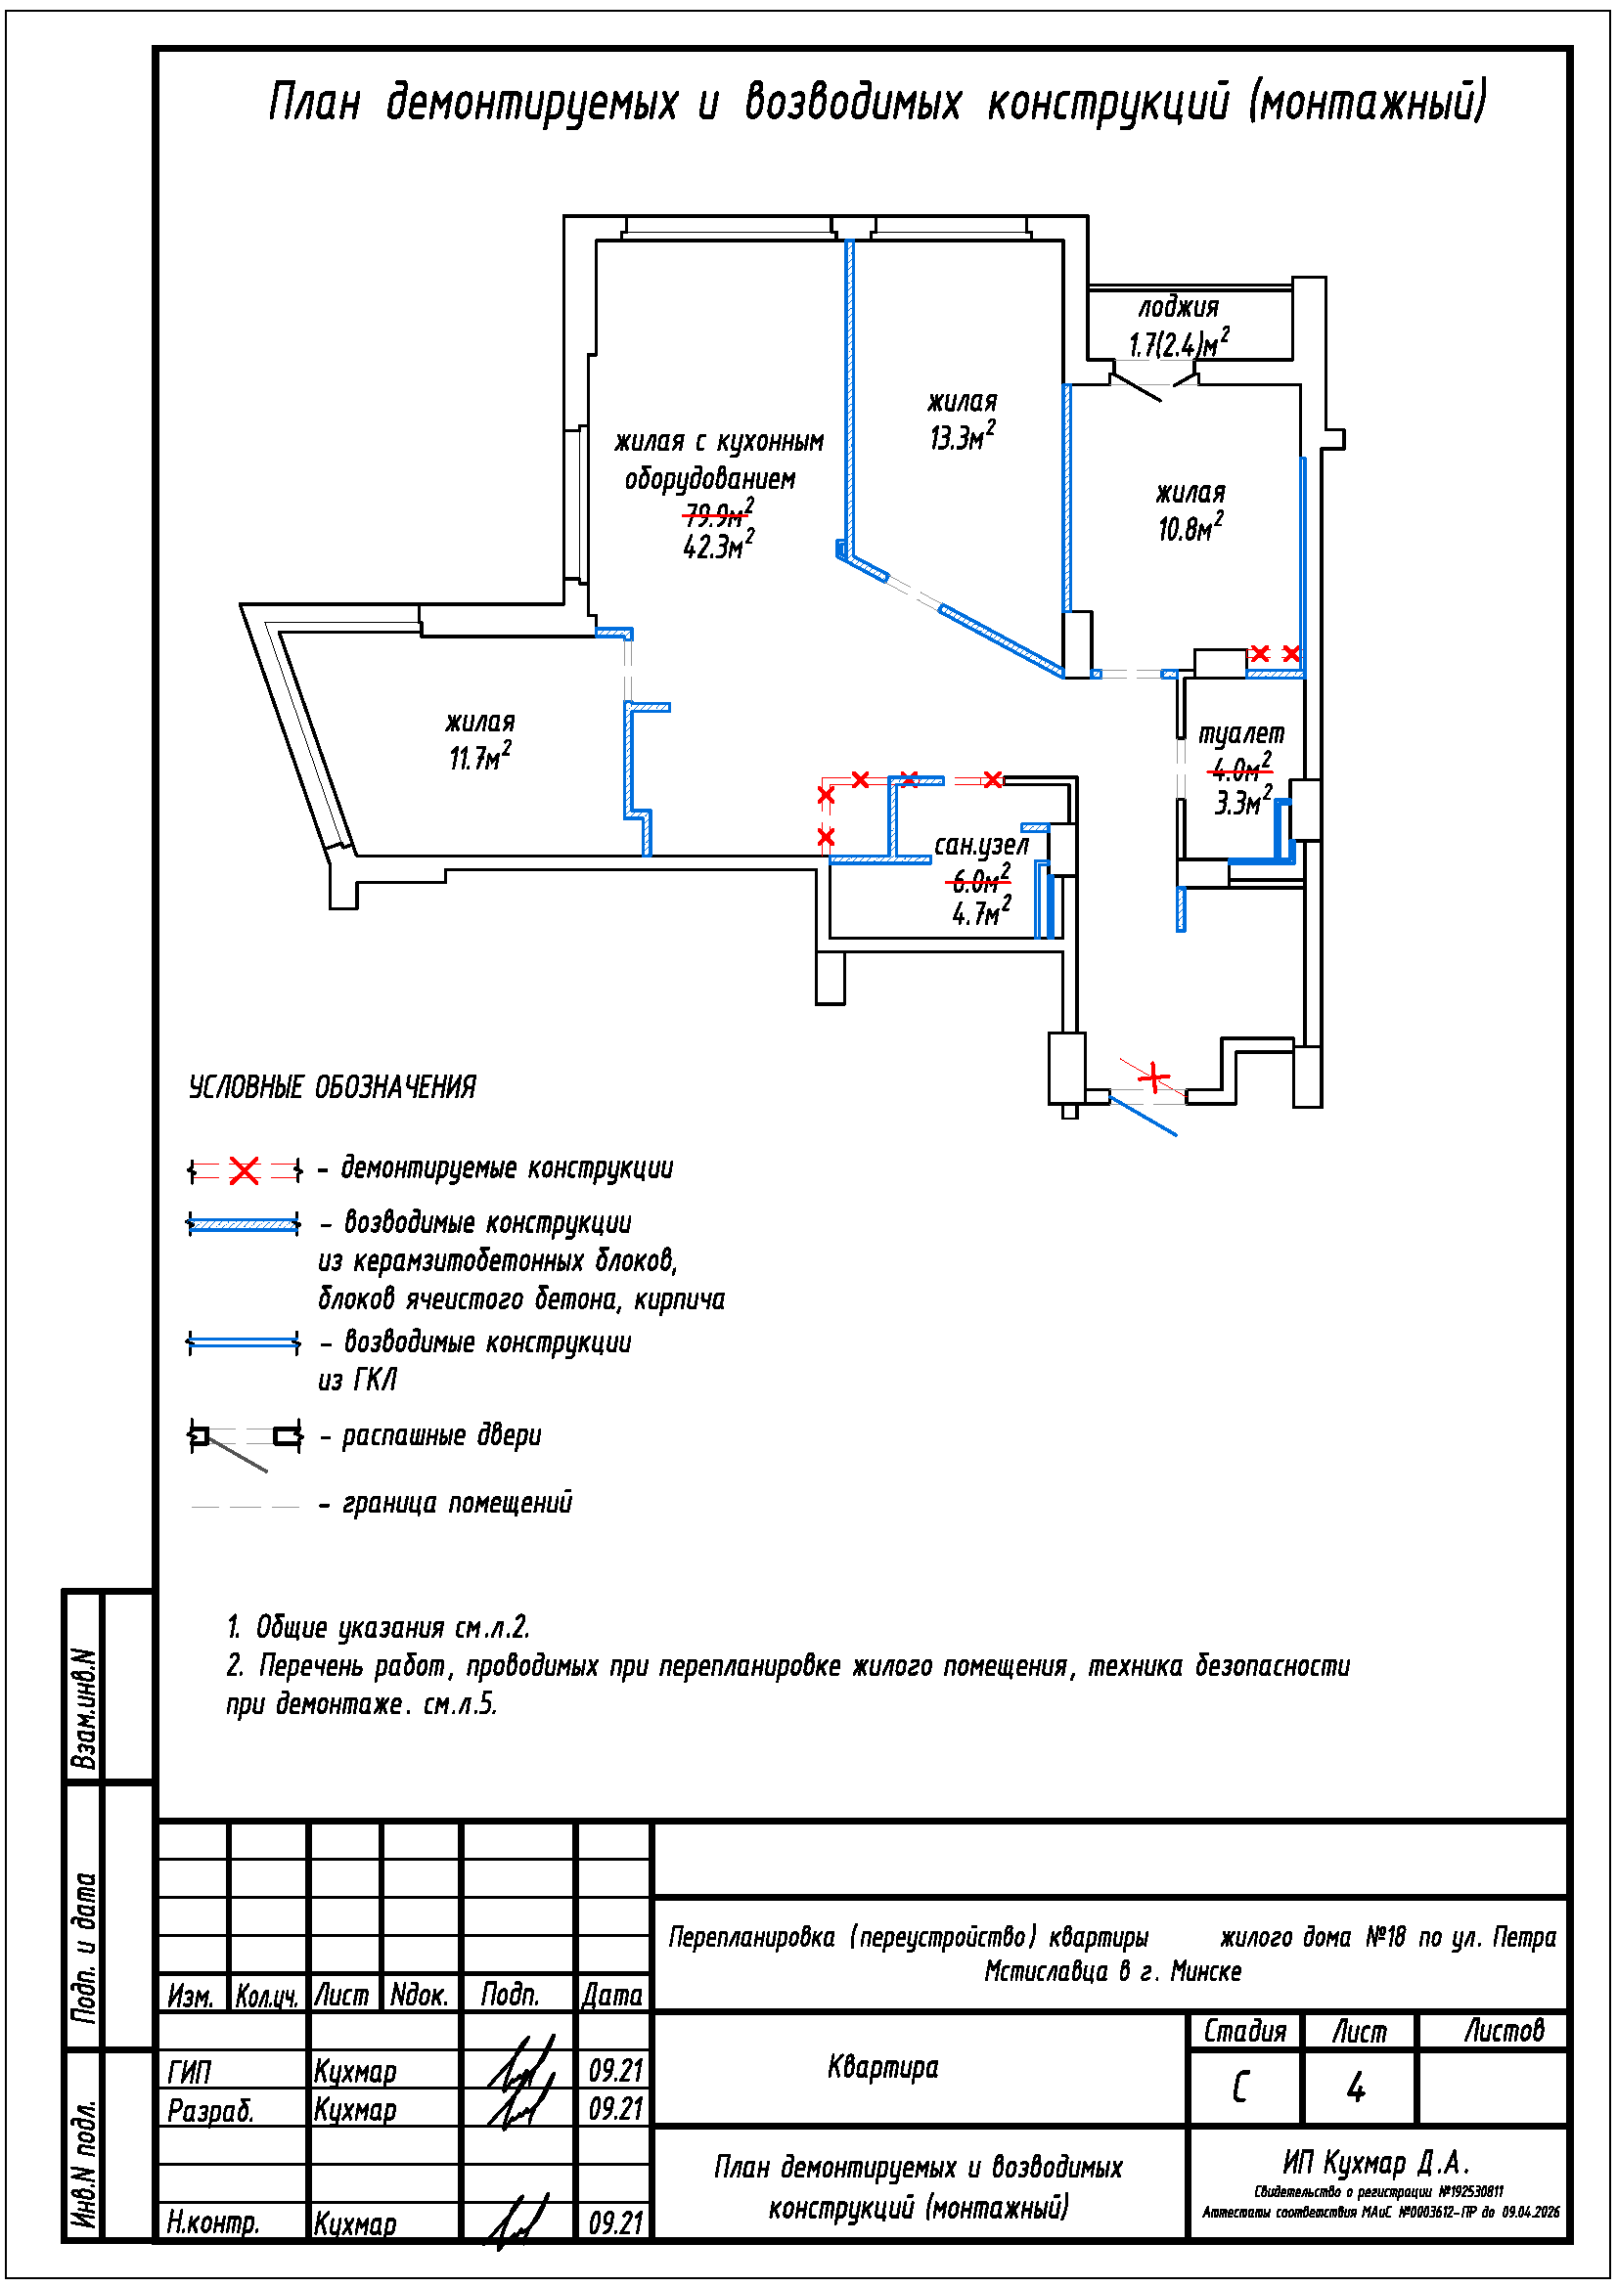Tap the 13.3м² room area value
tap(962, 437)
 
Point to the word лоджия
tap(1179, 308)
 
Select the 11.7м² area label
tap(479, 757)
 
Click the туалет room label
tap(1240, 734)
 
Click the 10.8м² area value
tap(1190, 528)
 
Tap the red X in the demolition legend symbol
tap(245, 1170)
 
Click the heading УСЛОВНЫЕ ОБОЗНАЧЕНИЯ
tap(333, 1086)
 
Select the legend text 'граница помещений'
tap(457, 1502)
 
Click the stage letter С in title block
tap(1240, 2087)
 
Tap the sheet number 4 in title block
tap(1356, 2087)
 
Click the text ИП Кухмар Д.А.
tap(1376, 2162)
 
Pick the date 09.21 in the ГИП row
tap(614, 2071)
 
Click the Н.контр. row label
tap(213, 2221)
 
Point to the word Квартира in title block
tap(882, 2067)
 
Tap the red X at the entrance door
tap(1153, 1077)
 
